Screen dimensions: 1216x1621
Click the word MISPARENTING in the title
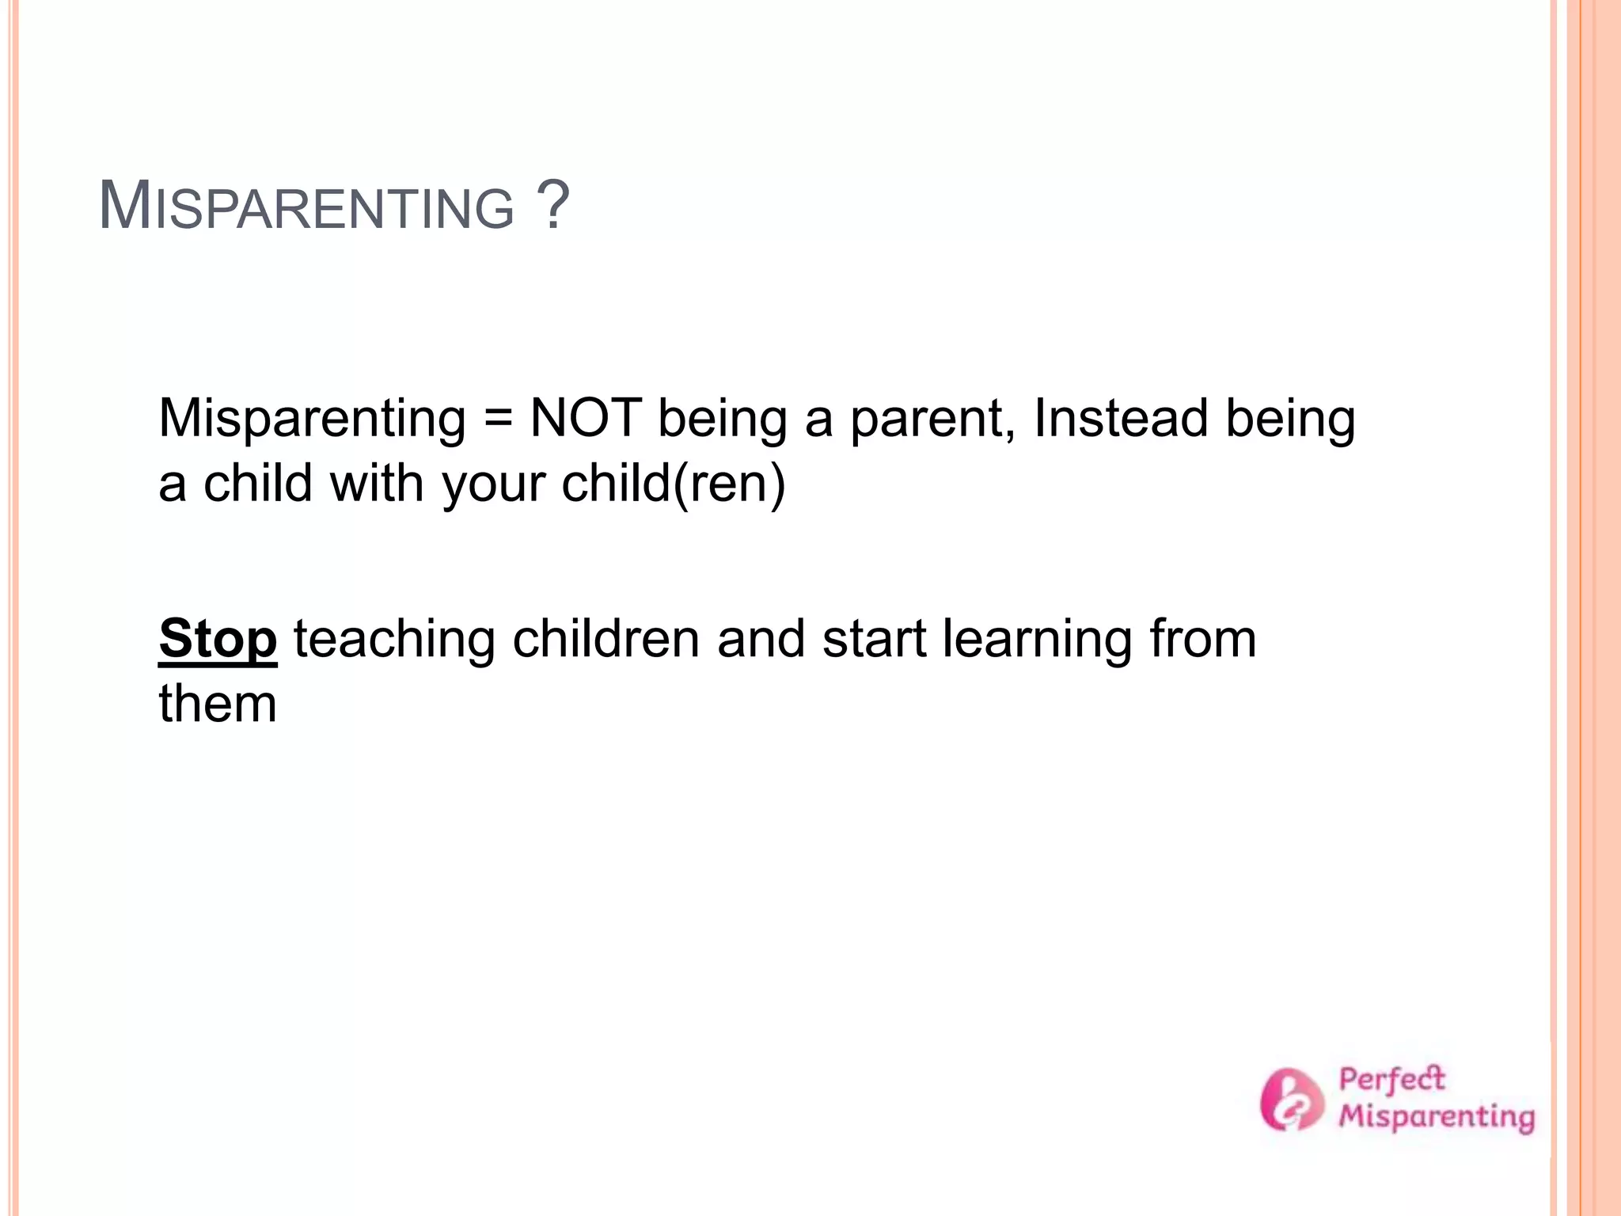click(x=306, y=207)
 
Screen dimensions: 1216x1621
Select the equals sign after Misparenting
click(x=498, y=420)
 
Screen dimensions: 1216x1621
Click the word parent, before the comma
click(x=933, y=420)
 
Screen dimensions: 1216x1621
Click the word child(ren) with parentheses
click(x=673, y=483)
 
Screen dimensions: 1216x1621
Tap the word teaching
click(x=394, y=640)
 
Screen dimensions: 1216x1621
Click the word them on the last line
click(x=218, y=703)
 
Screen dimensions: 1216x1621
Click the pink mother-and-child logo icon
click(x=1291, y=1099)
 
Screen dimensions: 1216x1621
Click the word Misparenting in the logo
click(x=1437, y=1117)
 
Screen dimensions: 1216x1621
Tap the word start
click(x=874, y=640)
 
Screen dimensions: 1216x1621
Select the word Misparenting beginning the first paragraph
click(x=312, y=420)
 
